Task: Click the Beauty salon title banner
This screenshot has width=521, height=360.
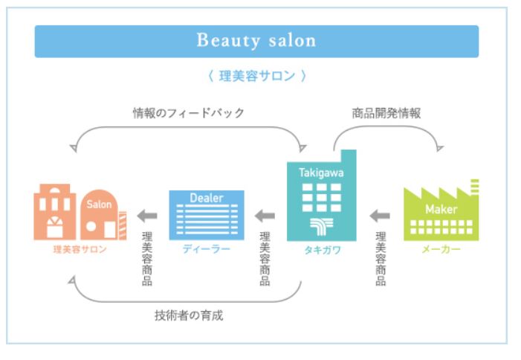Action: tap(256, 41)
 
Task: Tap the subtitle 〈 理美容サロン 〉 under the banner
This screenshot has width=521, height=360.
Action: tap(256, 76)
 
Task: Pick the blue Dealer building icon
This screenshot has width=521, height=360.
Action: tap(206, 214)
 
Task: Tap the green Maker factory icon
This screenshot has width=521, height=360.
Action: tap(441, 212)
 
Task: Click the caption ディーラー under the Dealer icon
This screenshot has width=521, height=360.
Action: tap(206, 248)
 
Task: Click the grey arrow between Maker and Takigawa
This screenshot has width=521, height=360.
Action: tap(380, 216)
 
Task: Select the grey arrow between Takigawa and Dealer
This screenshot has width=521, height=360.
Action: tap(265, 216)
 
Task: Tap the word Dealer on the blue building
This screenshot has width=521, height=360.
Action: tap(206, 198)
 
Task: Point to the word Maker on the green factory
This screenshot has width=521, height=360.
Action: tap(441, 209)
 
